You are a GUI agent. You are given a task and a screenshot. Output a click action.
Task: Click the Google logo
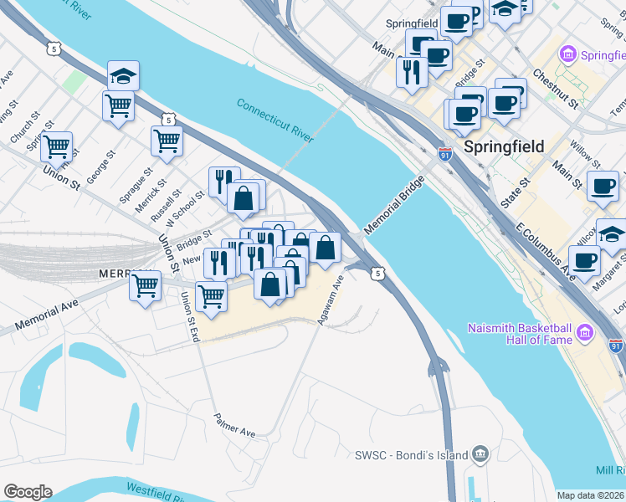pos(28,492)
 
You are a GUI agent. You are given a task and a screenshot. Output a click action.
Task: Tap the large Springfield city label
pos(504,146)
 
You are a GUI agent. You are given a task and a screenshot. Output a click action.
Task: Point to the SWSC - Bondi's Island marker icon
pos(480,454)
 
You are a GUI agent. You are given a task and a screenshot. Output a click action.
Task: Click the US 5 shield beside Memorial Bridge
pos(379,273)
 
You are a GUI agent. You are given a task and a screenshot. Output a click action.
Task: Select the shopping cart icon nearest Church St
pos(56,147)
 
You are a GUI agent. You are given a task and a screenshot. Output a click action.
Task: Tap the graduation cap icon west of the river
pos(123,76)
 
